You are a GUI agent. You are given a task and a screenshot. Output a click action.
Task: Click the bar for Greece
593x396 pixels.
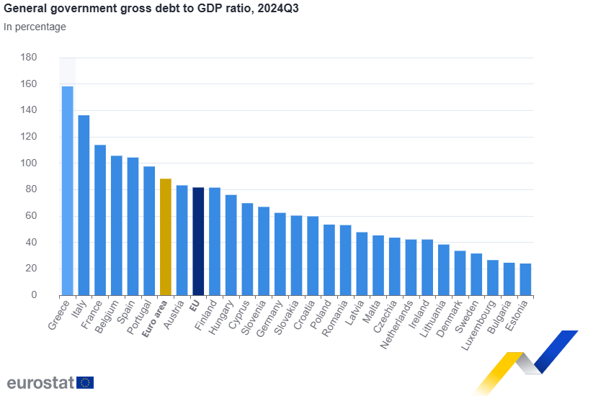67,191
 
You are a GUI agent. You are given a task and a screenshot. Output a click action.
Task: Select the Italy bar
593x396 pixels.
84,205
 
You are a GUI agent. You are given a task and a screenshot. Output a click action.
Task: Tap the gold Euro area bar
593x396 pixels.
165,237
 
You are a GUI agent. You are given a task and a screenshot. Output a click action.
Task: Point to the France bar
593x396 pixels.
100,220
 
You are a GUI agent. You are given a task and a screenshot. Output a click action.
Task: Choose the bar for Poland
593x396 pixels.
329,259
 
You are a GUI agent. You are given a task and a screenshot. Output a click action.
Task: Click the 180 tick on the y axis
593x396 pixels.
29,58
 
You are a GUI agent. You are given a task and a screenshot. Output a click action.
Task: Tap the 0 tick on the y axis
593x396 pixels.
33,295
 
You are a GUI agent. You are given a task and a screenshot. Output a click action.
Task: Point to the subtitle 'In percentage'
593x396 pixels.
35,27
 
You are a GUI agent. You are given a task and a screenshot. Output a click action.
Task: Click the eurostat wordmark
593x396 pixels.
40,382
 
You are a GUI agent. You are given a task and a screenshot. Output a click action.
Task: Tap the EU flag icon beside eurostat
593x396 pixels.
85,382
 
